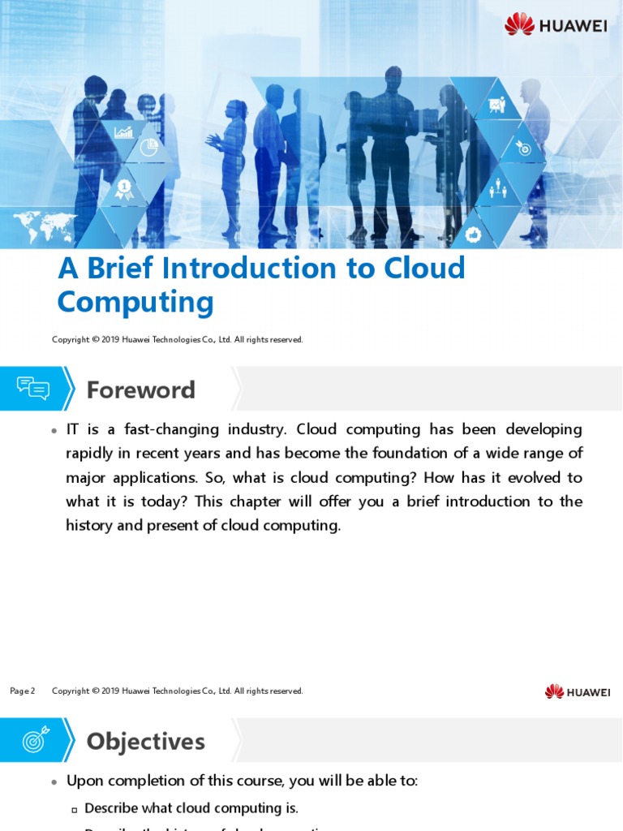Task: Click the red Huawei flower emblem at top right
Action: (x=519, y=24)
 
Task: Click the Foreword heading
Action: (x=140, y=390)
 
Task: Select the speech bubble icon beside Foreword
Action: (x=33, y=389)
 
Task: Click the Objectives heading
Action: (x=145, y=742)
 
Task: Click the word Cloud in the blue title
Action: (x=427, y=269)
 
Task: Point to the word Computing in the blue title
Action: (x=135, y=303)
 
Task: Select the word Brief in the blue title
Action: (x=124, y=269)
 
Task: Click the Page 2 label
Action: (x=23, y=691)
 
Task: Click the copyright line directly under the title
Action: (x=177, y=340)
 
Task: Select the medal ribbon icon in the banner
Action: (x=124, y=189)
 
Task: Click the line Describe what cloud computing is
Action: (x=191, y=808)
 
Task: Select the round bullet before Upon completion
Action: (x=54, y=782)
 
